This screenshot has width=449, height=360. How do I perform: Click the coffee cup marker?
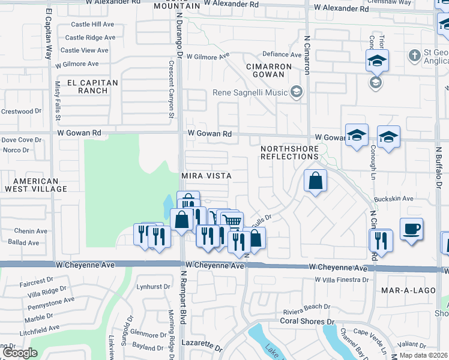[x=411, y=229]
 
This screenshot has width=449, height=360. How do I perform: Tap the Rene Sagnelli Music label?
[x=251, y=93]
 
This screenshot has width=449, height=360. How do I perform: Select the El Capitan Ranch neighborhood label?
[x=88, y=86]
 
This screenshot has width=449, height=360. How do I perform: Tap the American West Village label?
[x=37, y=185]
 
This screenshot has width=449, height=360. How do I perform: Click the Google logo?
[x=19, y=353]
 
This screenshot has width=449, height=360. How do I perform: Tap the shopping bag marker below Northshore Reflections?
[x=315, y=181]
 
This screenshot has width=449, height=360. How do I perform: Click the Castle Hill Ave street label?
[x=92, y=25]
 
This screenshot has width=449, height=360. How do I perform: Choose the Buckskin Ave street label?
[x=393, y=199]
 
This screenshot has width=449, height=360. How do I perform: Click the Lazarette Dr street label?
[x=202, y=348]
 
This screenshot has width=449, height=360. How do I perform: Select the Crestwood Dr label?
[x=21, y=112]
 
